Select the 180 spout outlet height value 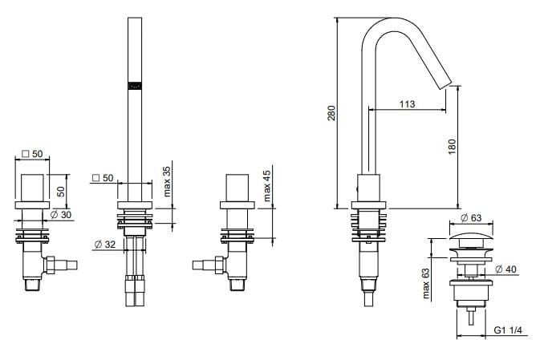click(x=451, y=146)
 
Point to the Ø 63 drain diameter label click(x=473, y=217)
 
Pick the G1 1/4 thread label click(x=509, y=330)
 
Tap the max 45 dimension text click(x=268, y=186)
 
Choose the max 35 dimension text click(x=167, y=182)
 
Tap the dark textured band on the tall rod click(x=135, y=83)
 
